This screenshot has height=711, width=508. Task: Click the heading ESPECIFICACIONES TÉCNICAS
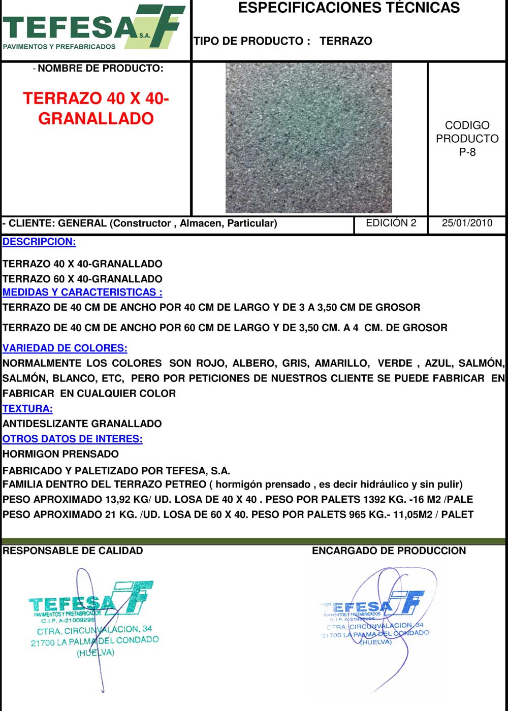coord(348,8)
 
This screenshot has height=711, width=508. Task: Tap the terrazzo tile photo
coord(308,138)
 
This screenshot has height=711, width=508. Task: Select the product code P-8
coord(467,152)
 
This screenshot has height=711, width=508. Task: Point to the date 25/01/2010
coord(467,223)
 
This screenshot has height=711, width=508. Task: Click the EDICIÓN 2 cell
coord(391,223)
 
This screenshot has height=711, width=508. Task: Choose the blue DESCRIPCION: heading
coord(39,242)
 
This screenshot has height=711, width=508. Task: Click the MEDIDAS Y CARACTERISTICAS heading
coord(82,292)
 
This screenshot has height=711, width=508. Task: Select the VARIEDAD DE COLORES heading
coord(65,348)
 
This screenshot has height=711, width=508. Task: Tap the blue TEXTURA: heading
coord(27,408)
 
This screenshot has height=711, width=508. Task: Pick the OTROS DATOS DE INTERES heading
coord(72,439)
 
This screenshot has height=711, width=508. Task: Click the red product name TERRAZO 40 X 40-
coord(96,98)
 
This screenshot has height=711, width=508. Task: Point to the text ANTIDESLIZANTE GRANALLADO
coord(82,424)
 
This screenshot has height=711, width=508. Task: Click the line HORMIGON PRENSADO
coord(60,454)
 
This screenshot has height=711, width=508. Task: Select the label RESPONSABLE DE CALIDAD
coord(73,551)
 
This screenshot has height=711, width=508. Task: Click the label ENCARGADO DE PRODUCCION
coord(389,551)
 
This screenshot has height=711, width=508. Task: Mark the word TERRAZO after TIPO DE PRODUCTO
coord(346,41)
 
